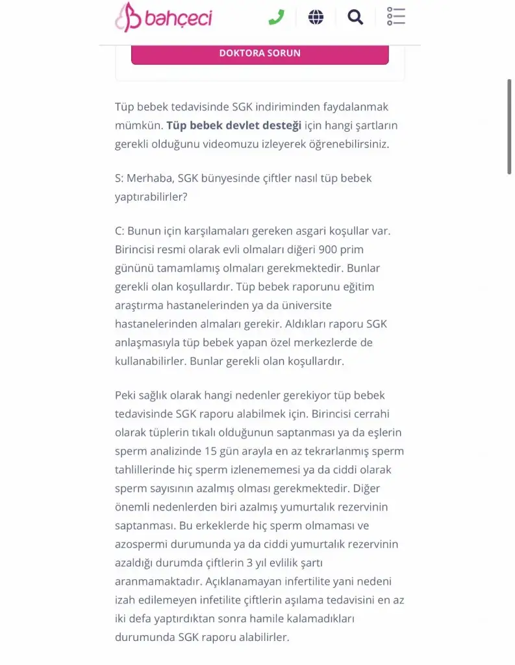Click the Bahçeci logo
[164, 17]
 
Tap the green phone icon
[276, 17]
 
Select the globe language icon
[316, 17]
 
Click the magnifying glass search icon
[355, 17]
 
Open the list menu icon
[396, 17]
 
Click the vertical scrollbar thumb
[509, 127]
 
